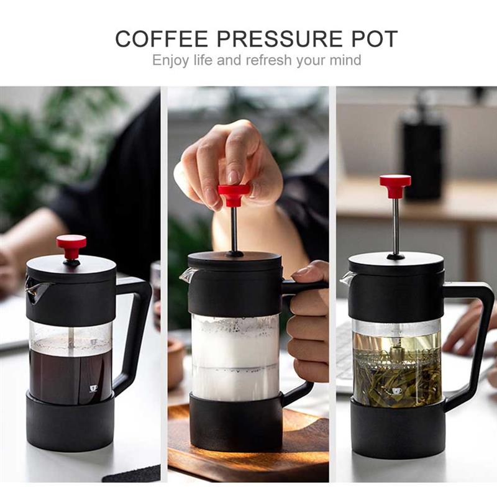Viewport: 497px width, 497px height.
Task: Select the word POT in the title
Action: point(371,39)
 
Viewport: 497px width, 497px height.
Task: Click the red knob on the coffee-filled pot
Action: point(71,244)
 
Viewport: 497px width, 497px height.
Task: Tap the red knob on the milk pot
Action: point(234,193)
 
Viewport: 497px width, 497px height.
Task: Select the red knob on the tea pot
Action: point(395,183)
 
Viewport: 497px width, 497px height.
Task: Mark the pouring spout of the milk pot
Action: point(186,275)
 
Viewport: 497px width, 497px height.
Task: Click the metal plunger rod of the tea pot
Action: point(396,224)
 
